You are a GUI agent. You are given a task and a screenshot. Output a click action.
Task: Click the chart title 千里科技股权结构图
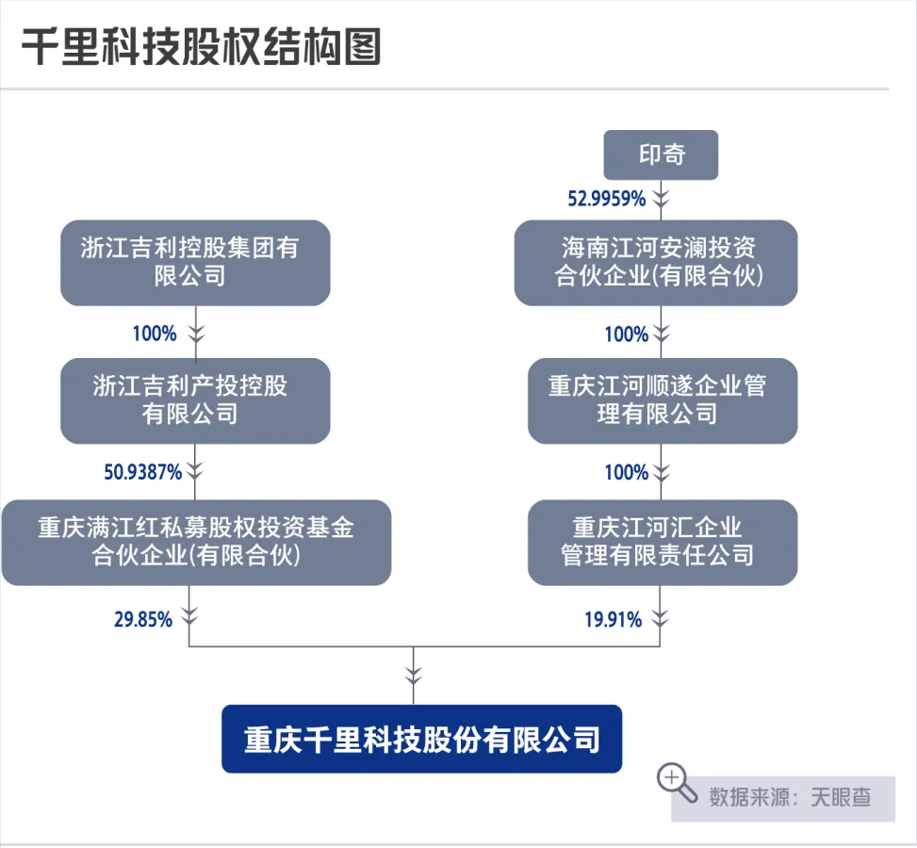point(201,46)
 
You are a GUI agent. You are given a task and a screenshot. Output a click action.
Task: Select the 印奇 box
point(661,155)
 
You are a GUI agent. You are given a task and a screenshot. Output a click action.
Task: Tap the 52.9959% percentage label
point(606,198)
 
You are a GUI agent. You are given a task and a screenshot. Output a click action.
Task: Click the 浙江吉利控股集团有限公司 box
point(195,262)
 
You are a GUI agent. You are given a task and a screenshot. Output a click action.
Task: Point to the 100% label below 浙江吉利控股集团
point(154,333)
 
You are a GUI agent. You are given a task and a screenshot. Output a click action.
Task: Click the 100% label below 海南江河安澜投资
point(626,334)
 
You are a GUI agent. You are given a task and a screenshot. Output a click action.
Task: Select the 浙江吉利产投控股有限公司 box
point(195,400)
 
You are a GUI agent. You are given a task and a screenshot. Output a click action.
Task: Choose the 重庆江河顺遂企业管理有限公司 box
point(662,400)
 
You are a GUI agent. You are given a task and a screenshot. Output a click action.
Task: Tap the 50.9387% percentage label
point(142,472)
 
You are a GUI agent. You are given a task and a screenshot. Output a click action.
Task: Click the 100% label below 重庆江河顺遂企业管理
point(626,472)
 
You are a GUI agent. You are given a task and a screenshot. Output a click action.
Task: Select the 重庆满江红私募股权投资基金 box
point(195,542)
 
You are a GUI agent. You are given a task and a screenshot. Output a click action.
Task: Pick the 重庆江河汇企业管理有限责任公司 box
point(662,542)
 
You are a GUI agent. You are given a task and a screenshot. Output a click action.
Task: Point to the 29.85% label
point(142,619)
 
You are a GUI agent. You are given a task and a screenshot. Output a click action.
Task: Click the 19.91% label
point(613,619)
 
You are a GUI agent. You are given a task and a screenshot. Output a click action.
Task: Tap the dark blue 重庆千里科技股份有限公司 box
point(421,739)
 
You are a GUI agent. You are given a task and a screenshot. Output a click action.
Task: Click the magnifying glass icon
point(675,779)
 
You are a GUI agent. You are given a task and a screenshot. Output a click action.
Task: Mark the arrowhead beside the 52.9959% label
point(662,198)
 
